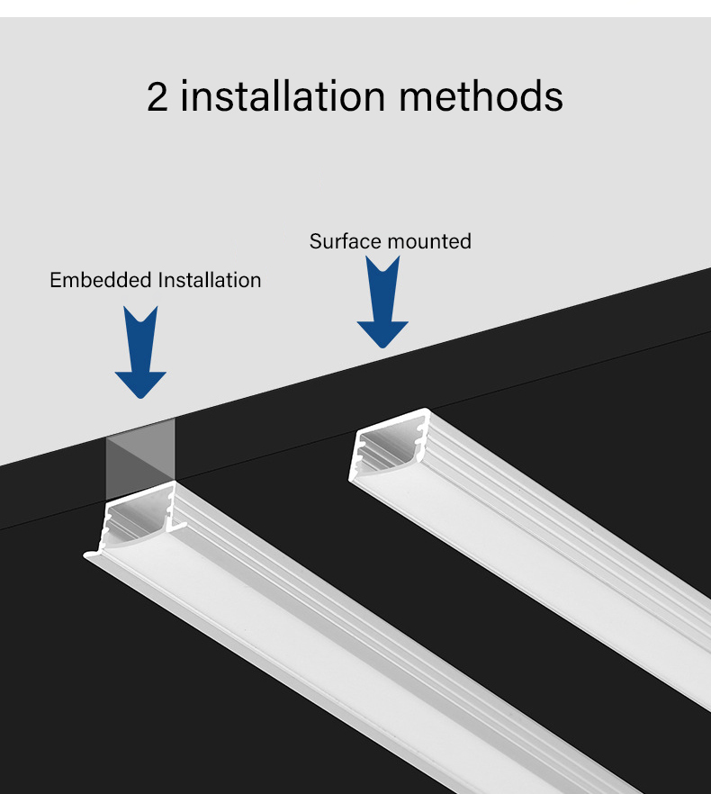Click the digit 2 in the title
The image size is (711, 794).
pyautogui.click(x=157, y=96)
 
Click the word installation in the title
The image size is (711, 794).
pyautogui.click(x=283, y=95)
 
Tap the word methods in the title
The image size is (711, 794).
pyautogui.click(x=481, y=95)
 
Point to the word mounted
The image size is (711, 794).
pyautogui.click(x=430, y=241)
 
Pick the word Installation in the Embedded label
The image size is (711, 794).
pyautogui.click(x=210, y=280)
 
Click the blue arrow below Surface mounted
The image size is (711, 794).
pyautogui.click(x=382, y=302)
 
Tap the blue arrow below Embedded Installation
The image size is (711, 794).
pyautogui.click(x=140, y=352)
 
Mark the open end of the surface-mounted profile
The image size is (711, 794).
pyautogui.click(x=389, y=445)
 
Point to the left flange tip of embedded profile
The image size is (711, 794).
pyautogui.click(x=85, y=555)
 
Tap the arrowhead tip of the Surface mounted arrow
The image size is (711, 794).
pyautogui.click(x=382, y=347)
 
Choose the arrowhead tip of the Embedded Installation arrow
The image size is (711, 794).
pyautogui.click(x=140, y=399)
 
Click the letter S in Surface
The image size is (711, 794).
pyautogui.click(x=315, y=241)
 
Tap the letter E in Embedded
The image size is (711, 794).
pyautogui.click(x=55, y=280)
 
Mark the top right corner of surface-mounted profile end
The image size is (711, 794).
pyautogui.click(x=427, y=410)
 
